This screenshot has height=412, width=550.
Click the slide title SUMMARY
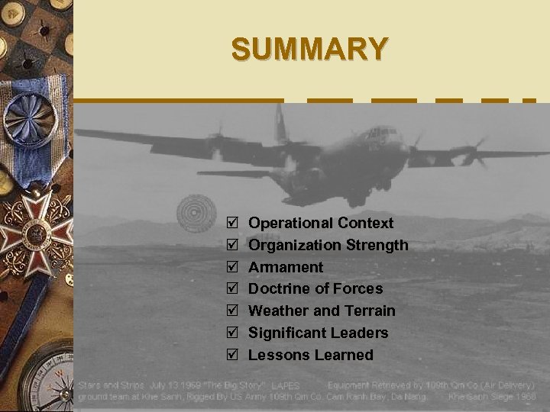coord(309,49)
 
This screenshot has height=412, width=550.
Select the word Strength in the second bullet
coord(377,246)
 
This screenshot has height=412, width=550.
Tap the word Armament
coord(286,268)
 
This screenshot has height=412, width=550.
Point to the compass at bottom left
coord(46,378)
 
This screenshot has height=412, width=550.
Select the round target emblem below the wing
coord(196,213)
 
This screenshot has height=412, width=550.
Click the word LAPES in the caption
coord(286,387)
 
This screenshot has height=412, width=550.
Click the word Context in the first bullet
coord(367,224)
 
